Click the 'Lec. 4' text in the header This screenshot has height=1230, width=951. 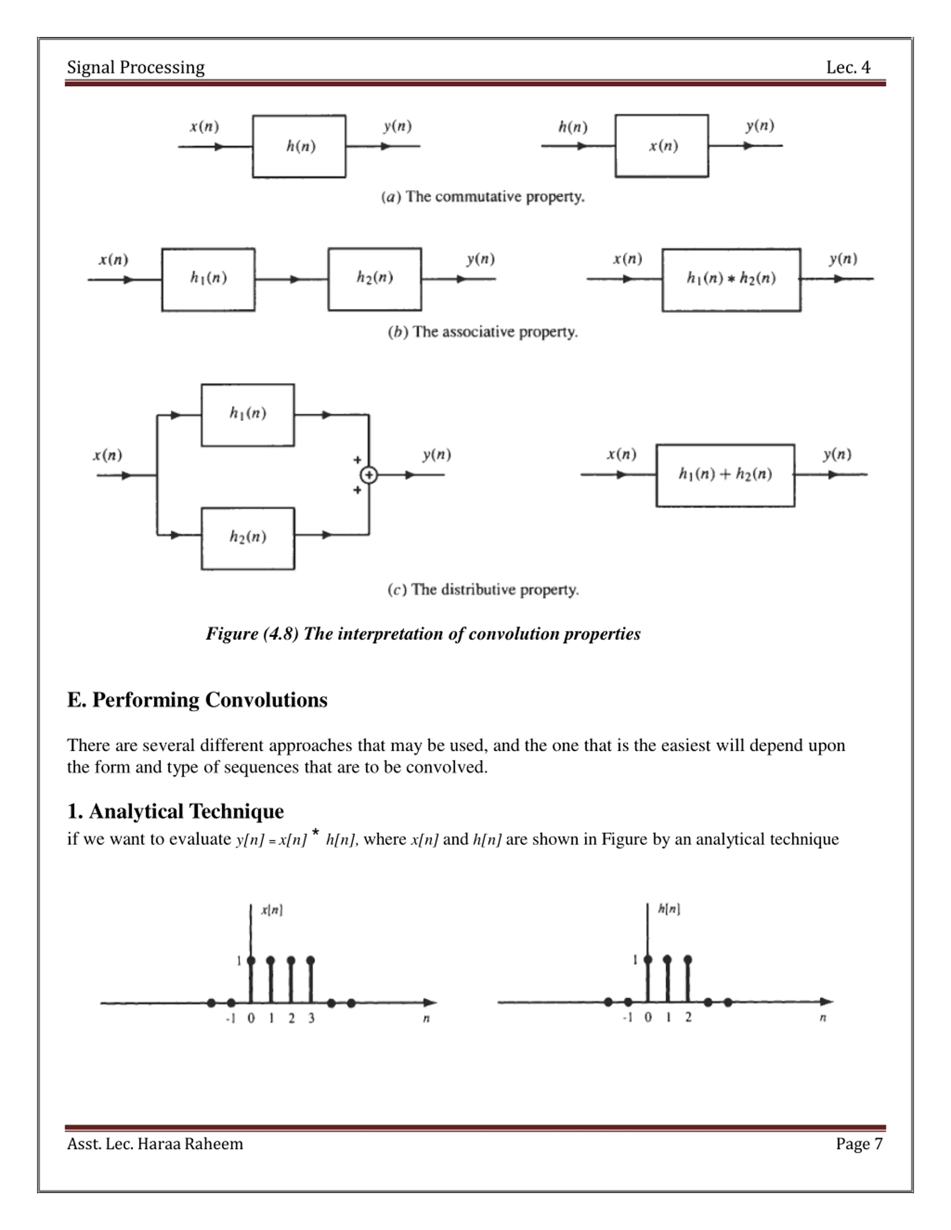(x=847, y=68)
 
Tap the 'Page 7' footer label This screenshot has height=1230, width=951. (x=859, y=1144)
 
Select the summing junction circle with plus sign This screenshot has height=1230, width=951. (x=369, y=475)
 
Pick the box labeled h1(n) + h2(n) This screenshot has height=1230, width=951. (x=725, y=475)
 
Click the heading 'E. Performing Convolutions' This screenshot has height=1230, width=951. (x=197, y=700)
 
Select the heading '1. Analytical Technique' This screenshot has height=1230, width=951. (x=175, y=812)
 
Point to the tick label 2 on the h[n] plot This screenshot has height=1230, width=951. (x=688, y=1017)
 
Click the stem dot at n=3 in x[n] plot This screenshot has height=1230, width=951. (x=311, y=960)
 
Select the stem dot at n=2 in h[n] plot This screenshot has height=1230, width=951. (x=687, y=959)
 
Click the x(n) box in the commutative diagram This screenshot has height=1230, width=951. (x=662, y=146)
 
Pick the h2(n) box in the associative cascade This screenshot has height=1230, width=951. (x=375, y=279)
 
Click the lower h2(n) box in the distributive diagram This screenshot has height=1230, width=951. (x=248, y=538)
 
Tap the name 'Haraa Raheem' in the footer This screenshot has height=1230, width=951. (x=191, y=1144)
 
